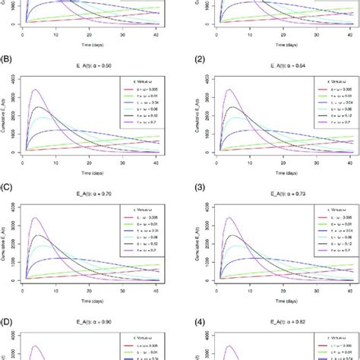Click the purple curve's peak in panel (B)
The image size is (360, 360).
33,90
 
